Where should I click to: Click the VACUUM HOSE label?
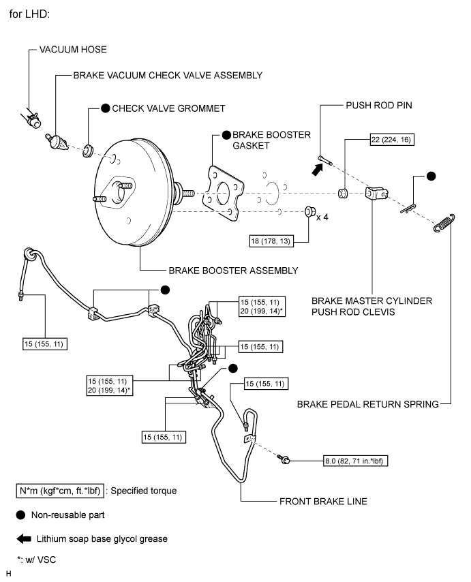(x=74, y=50)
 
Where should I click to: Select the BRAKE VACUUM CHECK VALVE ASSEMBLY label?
(x=168, y=75)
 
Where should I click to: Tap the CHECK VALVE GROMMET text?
(x=168, y=108)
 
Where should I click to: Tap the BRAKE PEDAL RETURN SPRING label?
(x=367, y=404)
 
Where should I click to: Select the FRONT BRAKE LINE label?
(x=324, y=501)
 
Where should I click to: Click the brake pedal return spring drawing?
(x=444, y=223)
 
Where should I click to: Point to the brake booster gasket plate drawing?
(x=223, y=193)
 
